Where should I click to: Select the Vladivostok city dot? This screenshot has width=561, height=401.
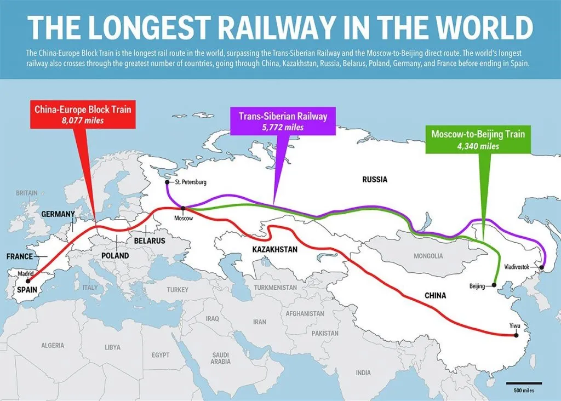[541, 268]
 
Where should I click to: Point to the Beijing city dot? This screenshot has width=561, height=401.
[494, 285]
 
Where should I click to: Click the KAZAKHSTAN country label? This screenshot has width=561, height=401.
[274, 249]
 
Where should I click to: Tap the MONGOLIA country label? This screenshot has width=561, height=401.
[428, 256]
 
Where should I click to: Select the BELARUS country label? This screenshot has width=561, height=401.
[146, 240]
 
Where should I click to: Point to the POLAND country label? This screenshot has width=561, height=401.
[115, 256]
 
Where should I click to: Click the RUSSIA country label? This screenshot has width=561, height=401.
[375, 179]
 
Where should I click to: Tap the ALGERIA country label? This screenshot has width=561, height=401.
[52, 345]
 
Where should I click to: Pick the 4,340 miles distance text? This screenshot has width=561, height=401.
[478, 146]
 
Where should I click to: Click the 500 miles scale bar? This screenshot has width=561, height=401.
[524, 383]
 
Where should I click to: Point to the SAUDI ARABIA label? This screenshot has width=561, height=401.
[221, 358]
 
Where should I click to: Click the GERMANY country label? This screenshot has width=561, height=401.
[58, 214]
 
